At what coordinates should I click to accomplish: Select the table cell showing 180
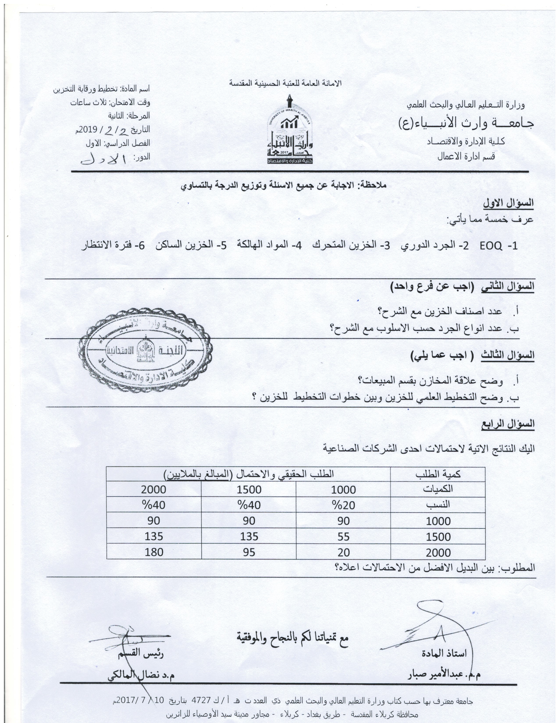click(154, 552)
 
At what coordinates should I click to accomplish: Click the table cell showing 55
click(344, 536)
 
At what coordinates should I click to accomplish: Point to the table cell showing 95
click(249, 552)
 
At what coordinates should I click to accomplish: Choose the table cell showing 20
click(344, 552)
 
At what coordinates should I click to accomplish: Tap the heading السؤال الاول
click(508, 203)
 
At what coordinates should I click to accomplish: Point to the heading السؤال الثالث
click(508, 355)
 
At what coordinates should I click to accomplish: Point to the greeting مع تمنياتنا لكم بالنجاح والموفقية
click(292, 636)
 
